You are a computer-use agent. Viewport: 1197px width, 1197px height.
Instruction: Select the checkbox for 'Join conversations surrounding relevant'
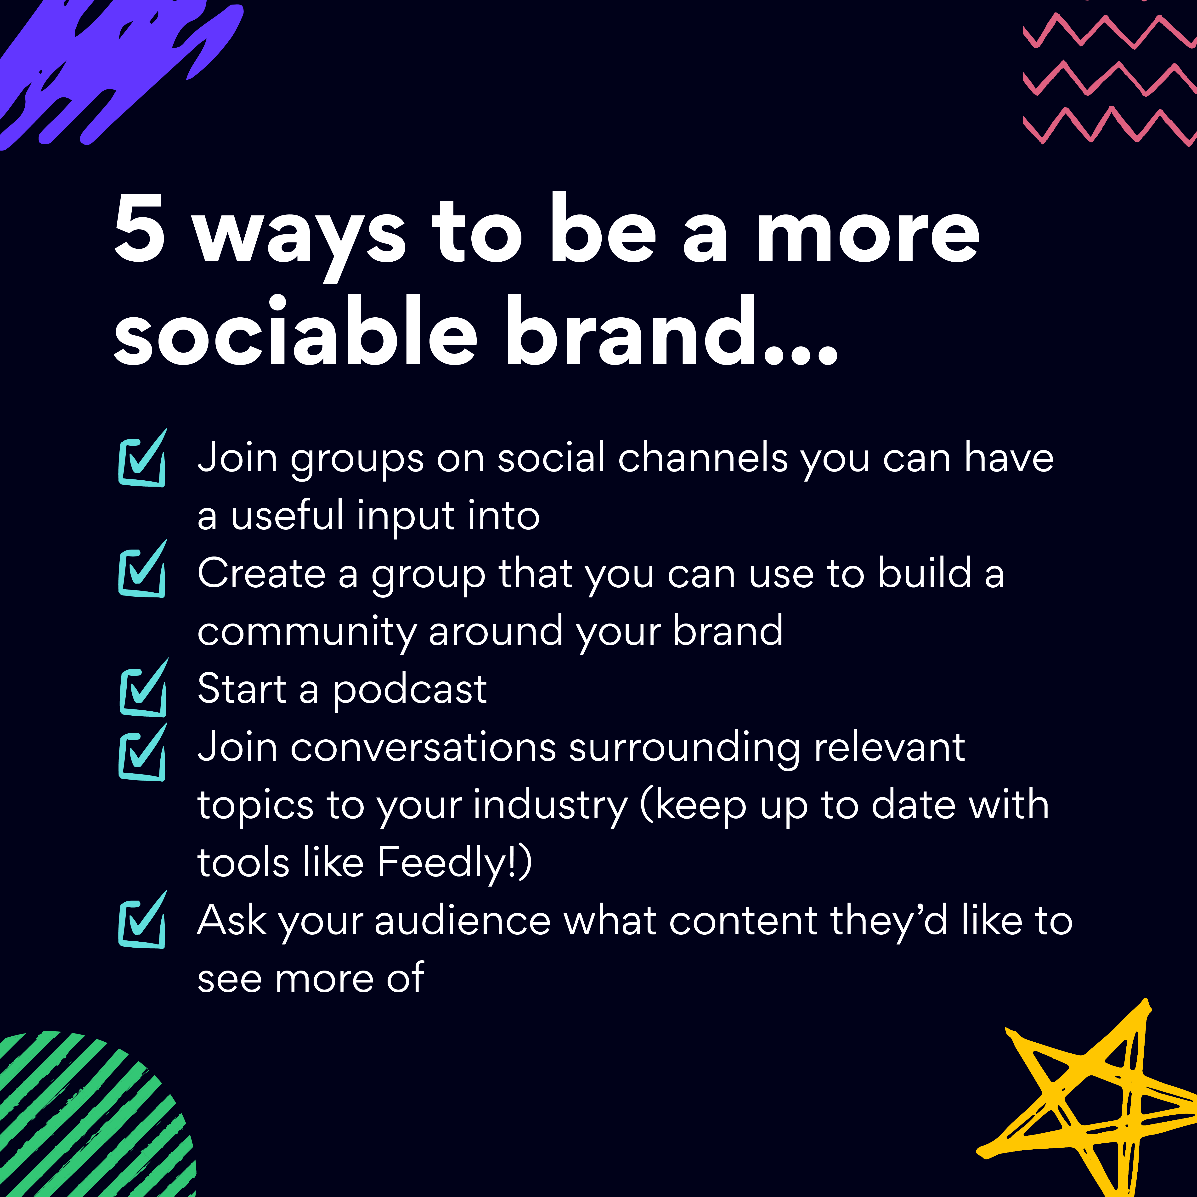point(142,752)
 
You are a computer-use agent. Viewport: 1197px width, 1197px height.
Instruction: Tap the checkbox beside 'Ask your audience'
point(142,919)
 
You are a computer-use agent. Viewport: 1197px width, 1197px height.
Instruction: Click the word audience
point(462,921)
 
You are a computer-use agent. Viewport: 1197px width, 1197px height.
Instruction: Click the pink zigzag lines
point(1109,78)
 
